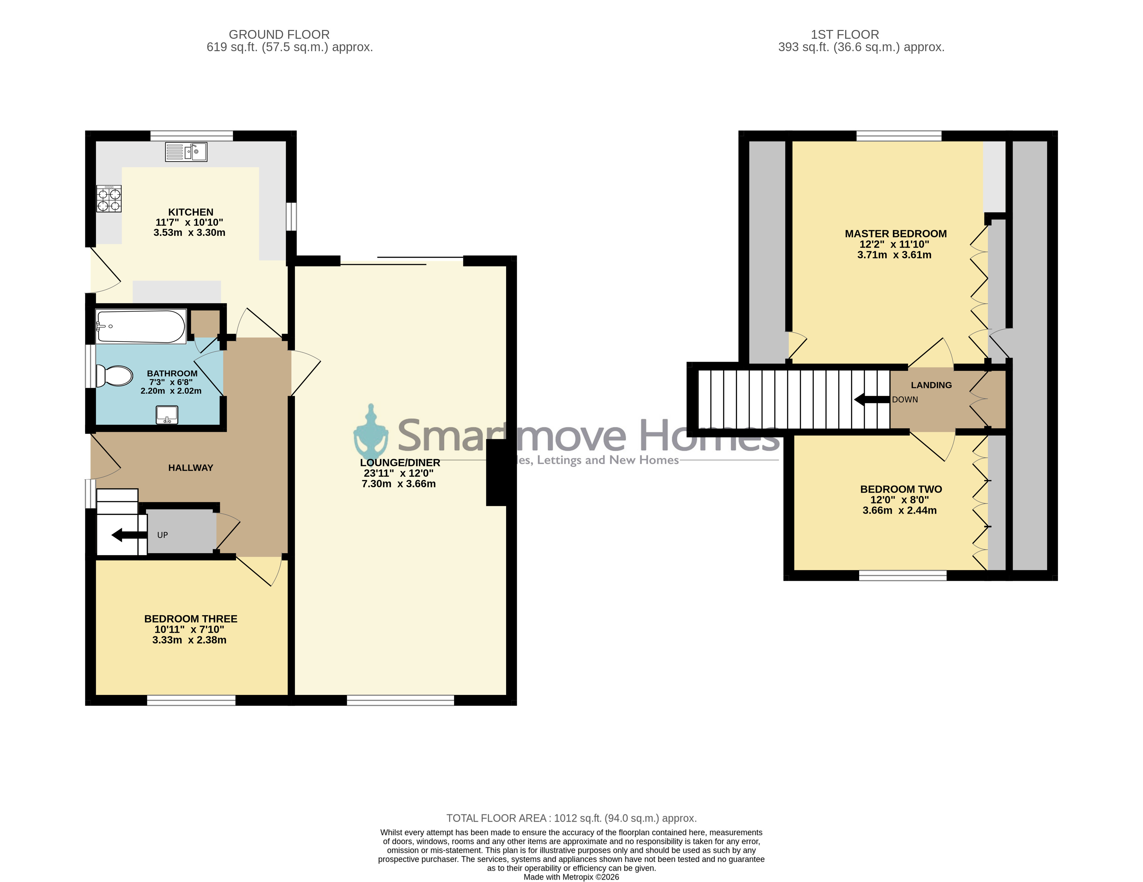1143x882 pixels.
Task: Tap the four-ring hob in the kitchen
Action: pyautogui.click(x=109, y=199)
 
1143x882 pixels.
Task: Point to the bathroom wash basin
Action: pyautogui.click(x=167, y=415)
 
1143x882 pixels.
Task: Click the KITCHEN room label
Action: pyautogui.click(x=190, y=212)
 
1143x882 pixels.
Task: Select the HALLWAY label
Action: pyautogui.click(x=190, y=468)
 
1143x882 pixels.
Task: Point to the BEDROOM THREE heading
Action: pyautogui.click(x=190, y=618)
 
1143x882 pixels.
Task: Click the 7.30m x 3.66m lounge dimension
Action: pyautogui.click(x=399, y=484)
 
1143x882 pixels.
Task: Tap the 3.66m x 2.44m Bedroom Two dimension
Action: pyautogui.click(x=900, y=510)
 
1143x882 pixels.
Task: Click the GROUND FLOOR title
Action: pyautogui.click(x=279, y=35)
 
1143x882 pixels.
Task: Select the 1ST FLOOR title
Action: pyautogui.click(x=845, y=35)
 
